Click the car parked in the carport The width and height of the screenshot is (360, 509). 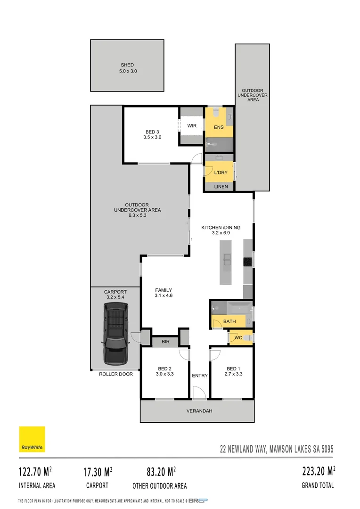coord(115,334)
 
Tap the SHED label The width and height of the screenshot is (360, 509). coord(127,65)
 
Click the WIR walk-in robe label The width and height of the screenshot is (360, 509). coord(192,126)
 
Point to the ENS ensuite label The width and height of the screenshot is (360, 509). coord(219,128)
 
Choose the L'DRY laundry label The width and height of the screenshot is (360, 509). coord(221,172)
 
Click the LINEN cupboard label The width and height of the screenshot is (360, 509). coord(221,187)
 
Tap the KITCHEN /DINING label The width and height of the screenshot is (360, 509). coord(221,228)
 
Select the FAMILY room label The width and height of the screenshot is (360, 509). coord(164,290)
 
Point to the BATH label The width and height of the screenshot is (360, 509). coord(229,321)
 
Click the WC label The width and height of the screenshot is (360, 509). coord(238,338)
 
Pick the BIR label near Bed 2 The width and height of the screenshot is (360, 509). coord(165,341)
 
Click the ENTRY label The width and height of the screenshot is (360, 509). coord(200,376)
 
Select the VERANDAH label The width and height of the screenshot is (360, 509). coord(199,411)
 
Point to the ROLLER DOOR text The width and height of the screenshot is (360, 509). coord(116,374)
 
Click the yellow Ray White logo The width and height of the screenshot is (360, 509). coord(32,440)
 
